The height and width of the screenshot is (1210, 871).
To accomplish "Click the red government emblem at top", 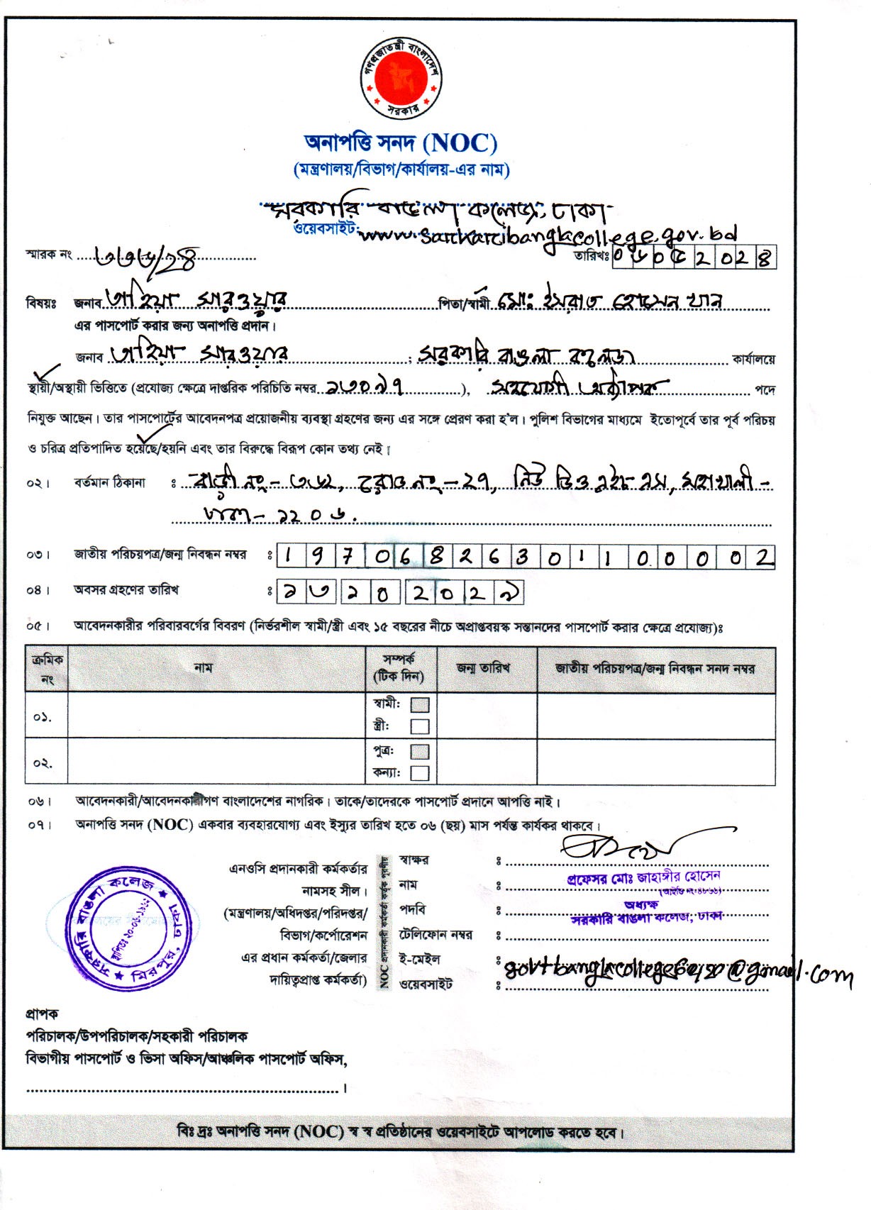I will coord(401,78).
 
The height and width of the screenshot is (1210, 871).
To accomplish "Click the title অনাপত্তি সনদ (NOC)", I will coord(401,143).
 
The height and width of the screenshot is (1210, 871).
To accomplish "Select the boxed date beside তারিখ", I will coord(692,257).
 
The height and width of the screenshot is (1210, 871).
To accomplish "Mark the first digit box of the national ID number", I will coord(289,557).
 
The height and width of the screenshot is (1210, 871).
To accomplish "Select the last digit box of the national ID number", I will coord(762,557).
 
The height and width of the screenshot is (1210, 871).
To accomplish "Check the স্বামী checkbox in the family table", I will coord(420,705).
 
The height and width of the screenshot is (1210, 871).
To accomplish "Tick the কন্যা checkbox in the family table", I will coord(420,773).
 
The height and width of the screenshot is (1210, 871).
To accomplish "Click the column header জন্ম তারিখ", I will coord(486,668).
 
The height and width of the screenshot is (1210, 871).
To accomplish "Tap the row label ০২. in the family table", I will coord(43,763).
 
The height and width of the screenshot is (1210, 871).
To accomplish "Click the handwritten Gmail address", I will coord(674,973).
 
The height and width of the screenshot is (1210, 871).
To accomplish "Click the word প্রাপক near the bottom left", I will coord(42,1014).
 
